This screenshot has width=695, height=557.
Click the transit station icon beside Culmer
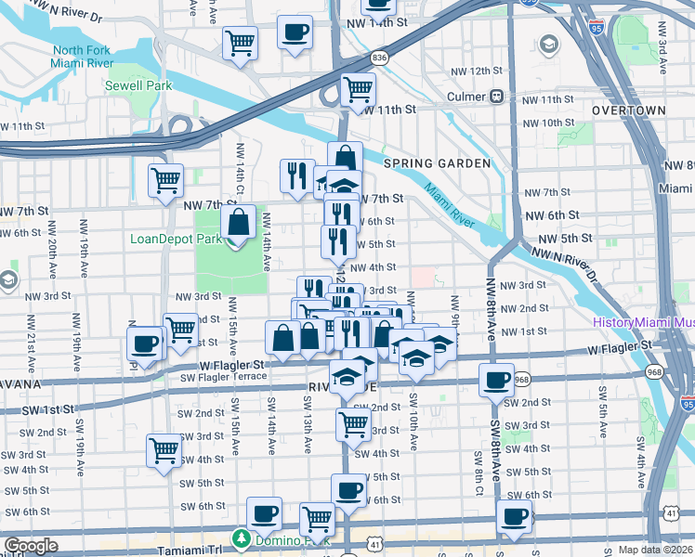(498, 96)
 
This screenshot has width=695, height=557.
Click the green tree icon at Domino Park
(241, 538)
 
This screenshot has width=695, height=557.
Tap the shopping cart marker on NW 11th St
(358, 90)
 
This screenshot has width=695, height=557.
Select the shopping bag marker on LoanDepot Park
(238, 222)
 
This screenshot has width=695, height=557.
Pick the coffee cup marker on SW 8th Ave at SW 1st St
(496, 379)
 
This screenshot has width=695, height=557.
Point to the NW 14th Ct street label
(240, 161)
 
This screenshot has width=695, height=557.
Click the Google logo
(31, 547)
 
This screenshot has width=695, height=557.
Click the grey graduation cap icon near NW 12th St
(548, 44)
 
